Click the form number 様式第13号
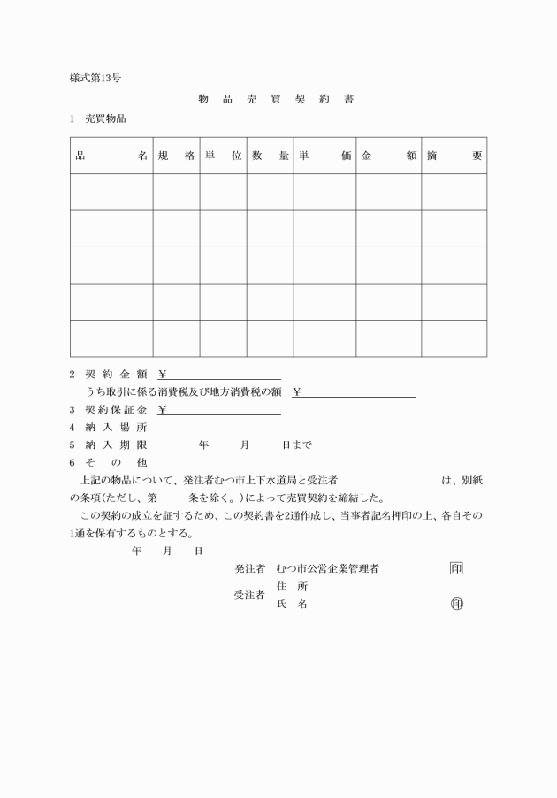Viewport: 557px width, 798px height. click(x=95, y=78)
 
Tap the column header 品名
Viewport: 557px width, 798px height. click(x=111, y=156)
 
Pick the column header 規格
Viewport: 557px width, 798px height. click(x=176, y=156)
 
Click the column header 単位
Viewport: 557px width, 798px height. click(x=223, y=156)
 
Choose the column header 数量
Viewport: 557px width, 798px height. click(x=270, y=156)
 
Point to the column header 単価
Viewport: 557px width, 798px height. click(x=324, y=156)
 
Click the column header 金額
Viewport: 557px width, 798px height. click(x=389, y=156)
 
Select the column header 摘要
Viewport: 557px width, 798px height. click(x=454, y=156)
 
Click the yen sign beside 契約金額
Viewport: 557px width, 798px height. click(x=164, y=373)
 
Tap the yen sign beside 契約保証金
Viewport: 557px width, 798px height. click(x=164, y=409)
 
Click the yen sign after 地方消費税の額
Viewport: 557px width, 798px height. click(x=297, y=391)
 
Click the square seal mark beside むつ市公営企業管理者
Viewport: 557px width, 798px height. click(x=456, y=568)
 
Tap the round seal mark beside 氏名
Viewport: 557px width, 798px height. click(x=456, y=604)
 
